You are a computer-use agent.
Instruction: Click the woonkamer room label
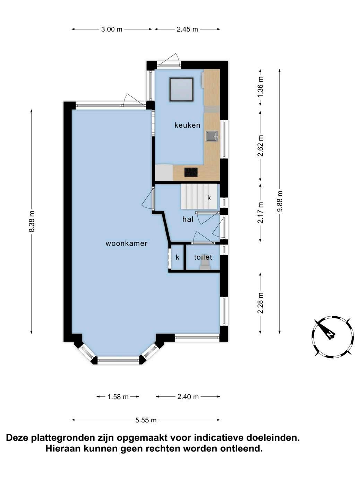[126, 243]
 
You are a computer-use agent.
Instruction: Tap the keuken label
[187, 125]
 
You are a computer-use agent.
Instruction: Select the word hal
[188, 219]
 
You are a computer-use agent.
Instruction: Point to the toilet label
[203, 257]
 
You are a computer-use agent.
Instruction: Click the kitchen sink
[212, 136]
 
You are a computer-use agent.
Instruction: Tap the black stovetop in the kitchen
[191, 172]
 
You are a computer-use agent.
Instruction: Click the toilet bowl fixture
[205, 266]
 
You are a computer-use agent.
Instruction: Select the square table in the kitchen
[182, 89]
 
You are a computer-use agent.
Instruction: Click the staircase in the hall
[199, 197]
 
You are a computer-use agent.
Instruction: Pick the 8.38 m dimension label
[32, 221]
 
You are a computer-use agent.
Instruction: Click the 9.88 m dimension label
[280, 201]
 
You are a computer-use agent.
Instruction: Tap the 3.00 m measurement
[112, 29]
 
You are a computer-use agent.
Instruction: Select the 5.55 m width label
[146, 420]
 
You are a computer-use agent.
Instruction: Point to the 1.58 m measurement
[118, 396]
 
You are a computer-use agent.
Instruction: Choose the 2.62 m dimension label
[260, 146]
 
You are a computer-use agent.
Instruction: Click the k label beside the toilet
[178, 257]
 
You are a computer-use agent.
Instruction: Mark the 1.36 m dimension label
[260, 87]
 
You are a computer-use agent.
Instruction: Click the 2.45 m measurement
[187, 29]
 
